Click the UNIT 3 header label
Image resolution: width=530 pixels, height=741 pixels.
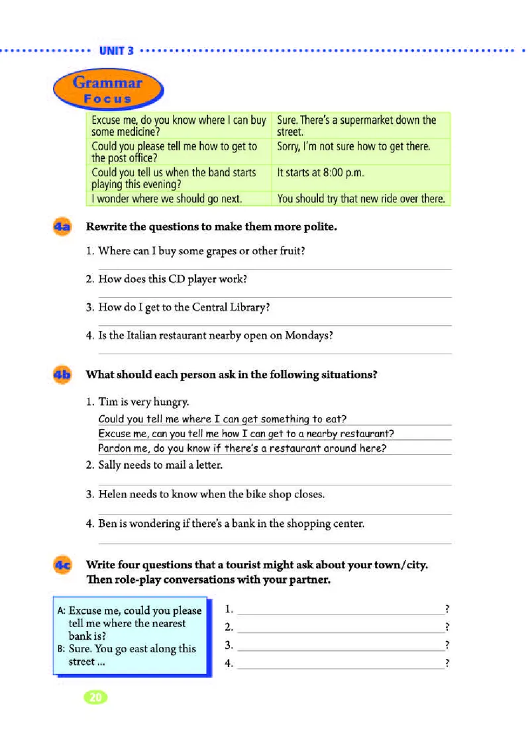pyautogui.click(x=116, y=50)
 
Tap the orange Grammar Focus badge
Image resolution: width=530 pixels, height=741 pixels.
pyautogui.click(x=107, y=90)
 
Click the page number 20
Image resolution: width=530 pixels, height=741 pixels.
pyautogui.click(x=95, y=697)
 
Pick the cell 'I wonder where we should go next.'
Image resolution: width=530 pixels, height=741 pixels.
pyautogui.click(x=167, y=199)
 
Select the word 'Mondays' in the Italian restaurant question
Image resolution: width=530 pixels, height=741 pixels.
pyautogui.click(x=308, y=335)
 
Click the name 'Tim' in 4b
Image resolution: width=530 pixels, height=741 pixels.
pyautogui.click(x=107, y=402)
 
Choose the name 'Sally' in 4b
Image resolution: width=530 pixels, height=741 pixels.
pyautogui.click(x=112, y=466)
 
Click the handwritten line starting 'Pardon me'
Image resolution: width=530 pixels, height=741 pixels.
pyautogui.click(x=242, y=448)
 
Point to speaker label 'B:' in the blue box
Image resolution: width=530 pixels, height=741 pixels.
pyautogui.click(x=61, y=649)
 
